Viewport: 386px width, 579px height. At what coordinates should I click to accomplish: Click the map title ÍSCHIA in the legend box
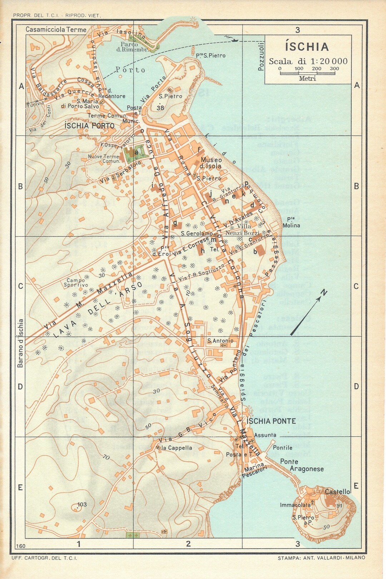307,47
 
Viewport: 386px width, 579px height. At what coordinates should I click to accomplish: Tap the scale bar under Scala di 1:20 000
307,73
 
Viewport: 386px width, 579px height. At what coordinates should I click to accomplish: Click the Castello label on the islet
337,492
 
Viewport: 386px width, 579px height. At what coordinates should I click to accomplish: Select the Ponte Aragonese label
302,465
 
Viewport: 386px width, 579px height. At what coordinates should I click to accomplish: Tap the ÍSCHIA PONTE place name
271,421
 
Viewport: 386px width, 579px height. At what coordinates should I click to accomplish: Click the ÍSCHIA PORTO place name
89,126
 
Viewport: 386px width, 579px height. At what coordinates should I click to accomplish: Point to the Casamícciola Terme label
56,30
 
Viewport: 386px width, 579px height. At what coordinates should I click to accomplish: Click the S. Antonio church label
220,341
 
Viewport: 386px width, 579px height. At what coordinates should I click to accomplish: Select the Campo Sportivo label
76,283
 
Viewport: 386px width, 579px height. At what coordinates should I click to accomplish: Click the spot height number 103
82,504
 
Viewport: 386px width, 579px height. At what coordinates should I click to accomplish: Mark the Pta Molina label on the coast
291,222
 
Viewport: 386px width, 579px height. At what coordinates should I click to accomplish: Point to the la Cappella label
177,448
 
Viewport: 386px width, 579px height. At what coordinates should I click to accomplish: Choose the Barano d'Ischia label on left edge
20,343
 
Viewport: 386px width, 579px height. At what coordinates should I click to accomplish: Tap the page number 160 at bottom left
21,546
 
